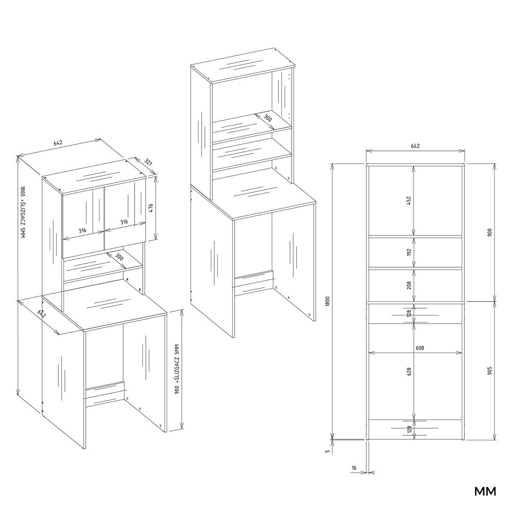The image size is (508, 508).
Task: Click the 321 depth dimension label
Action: coord(148,162)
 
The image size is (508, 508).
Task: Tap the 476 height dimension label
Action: coord(150,208)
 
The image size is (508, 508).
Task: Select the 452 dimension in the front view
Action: coord(409,201)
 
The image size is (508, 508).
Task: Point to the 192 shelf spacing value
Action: coord(409,252)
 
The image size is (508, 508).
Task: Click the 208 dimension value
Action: coord(409,285)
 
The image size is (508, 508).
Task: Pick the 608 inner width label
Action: coord(420,348)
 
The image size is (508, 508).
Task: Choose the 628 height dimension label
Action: coord(409,371)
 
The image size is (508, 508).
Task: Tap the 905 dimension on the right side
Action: coord(489,371)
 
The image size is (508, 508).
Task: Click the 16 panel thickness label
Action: coord(354,468)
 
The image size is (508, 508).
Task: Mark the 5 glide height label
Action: coord(328,451)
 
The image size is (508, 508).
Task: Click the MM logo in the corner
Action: coord(485,491)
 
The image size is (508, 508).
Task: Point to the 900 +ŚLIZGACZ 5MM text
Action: coord(177,369)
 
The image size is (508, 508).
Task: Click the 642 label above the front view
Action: coord(415,146)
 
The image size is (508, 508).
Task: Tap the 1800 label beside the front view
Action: coord(327,302)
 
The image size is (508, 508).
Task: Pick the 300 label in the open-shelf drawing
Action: coord(267,118)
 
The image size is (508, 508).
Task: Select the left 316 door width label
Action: coord(82,231)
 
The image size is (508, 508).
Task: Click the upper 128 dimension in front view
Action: coord(409,313)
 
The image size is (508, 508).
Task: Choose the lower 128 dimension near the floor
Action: coord(409,429)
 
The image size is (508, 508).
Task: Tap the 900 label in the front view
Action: coord(489,232)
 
